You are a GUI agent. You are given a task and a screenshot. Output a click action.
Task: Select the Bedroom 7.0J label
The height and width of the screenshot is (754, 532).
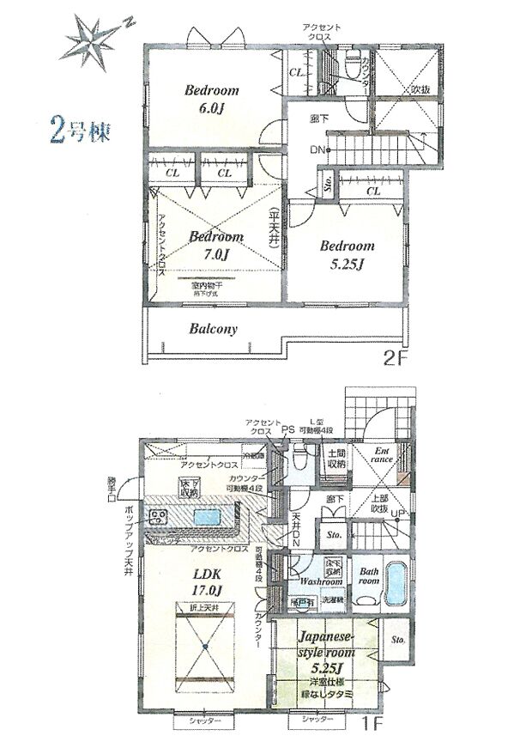pyautogui.click(x=216, y=244)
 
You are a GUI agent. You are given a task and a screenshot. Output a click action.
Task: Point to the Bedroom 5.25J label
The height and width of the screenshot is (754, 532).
pyautogui.click(x=348, y=252)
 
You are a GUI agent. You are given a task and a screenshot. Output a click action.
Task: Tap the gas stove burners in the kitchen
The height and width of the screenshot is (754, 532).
pyautogui.click(x=159, y=517)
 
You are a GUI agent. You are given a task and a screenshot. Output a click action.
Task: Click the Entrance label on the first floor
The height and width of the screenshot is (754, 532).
pyautogui.click(x=382, y=454)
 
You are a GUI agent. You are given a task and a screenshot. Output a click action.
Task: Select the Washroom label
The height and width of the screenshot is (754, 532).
pyautogui.click(x=322, y=581)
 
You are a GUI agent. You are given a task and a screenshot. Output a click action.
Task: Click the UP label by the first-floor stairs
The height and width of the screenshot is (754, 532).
pyautogui.click(x=398, y=515)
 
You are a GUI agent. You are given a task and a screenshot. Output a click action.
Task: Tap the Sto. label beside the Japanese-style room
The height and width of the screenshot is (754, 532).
pyautogui.click(x=397, y=640)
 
